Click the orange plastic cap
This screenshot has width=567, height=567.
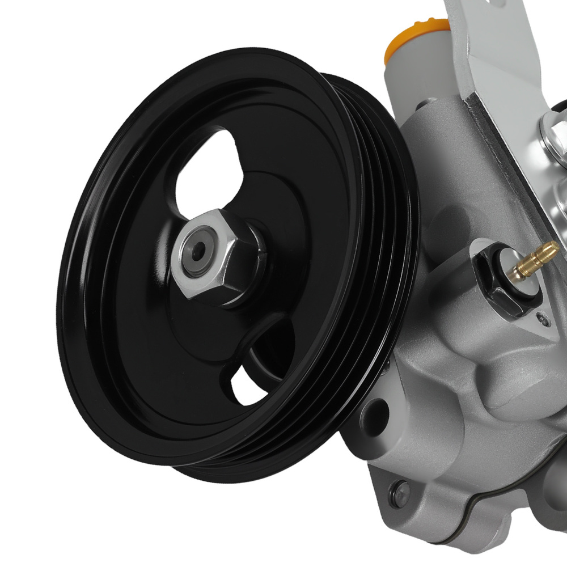pyautogui.click(x=417, y=40)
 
